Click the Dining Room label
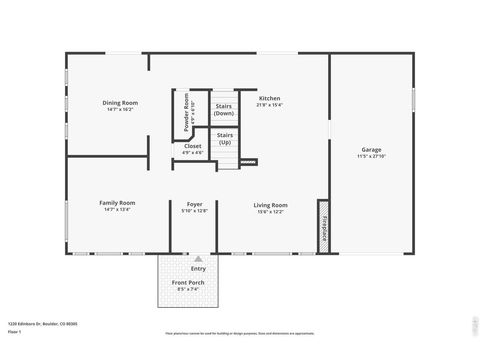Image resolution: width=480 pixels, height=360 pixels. coord(120,102)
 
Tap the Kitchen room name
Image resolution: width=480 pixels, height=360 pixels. coord(270,98)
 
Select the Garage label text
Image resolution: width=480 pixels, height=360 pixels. coord(371,150)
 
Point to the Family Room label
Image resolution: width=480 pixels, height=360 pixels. coord(117,203)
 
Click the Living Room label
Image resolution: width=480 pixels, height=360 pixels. coord(270,205)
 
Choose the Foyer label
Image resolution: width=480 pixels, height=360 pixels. coord(195,204)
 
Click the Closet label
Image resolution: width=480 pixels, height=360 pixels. coord(193,146)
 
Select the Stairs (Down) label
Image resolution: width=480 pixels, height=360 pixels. coord(225,107)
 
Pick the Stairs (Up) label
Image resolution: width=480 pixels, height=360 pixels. coord(225,137)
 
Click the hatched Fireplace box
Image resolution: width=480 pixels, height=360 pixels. coord(323,227)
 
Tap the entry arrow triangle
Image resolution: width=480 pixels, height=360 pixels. coord(198,259)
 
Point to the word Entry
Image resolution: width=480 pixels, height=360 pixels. coord(198,268)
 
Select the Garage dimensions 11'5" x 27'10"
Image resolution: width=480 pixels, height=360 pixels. coord(371,157)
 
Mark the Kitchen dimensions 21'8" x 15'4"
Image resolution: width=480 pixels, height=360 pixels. coord(270,105)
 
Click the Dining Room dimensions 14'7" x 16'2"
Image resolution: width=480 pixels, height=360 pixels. coord(120,109)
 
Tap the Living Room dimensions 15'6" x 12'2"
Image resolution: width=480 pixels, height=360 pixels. coord(270,212)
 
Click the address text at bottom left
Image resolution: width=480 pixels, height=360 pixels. coord(42,324)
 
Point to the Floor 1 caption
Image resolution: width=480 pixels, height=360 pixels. coord(15,331)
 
